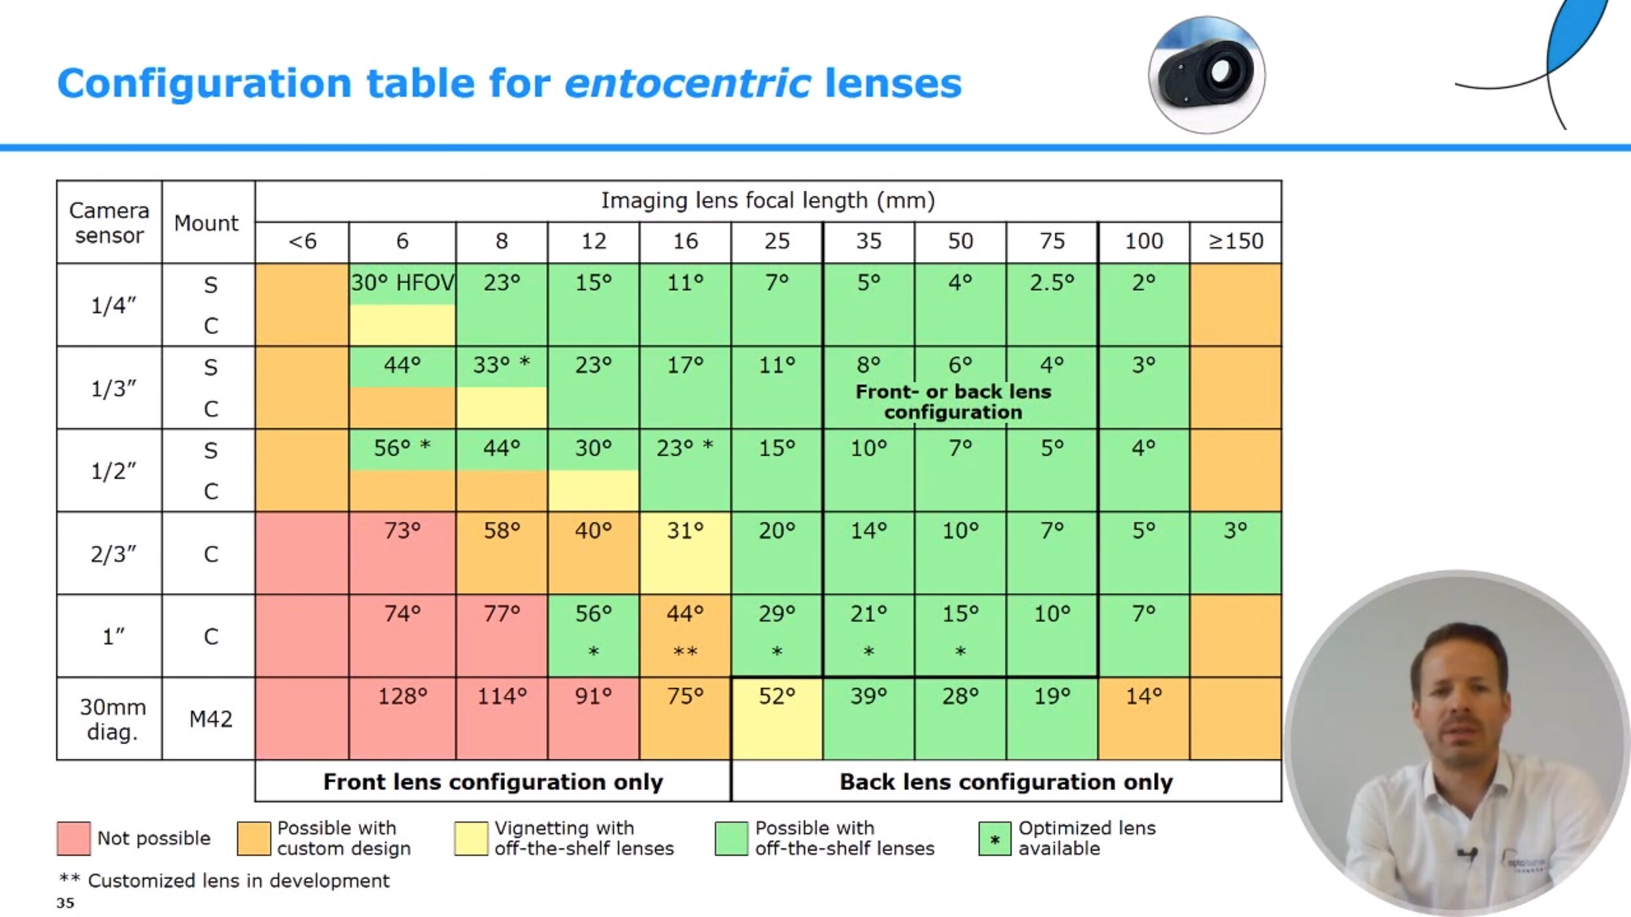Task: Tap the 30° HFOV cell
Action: [403, 283]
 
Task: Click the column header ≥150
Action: [1235, 241]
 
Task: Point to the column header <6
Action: [302, 241]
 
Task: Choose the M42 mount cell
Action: [210, 719]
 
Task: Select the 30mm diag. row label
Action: [112, 719]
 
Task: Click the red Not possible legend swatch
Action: [74, 838]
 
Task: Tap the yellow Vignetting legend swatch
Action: [471, 838]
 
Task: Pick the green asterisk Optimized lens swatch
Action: [994, 839]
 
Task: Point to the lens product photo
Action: [1206, 74]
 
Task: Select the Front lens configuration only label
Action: [493, 781]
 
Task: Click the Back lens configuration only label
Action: [1006, 781]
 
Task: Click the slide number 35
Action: [65, 903]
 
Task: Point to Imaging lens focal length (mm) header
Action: [768, 200]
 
